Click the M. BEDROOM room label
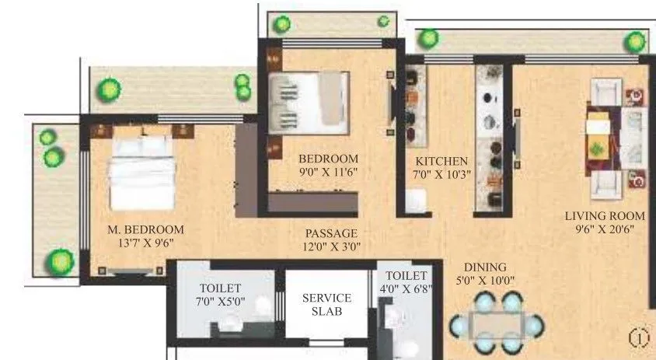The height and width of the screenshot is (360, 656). click(x=145, y=229)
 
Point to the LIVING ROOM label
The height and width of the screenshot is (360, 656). click(x=605, y=216)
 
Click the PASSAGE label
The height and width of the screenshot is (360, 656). click(x=331, y=233)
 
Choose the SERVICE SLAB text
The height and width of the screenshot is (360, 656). click(x=326, y=304)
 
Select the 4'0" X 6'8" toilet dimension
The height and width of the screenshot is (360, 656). click(x=406, y=288)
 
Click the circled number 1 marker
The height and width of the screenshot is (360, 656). click(x=638, y=338)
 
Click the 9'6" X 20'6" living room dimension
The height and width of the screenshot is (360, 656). click(x=605, y=229)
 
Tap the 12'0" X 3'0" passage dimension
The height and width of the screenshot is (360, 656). click(x=331, y=246)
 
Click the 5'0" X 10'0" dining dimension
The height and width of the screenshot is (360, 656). click(x=485, y=280)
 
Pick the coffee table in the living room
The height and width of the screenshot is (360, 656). click(x=599, y=137)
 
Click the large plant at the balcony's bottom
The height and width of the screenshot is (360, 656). click(x=58, y=262)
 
